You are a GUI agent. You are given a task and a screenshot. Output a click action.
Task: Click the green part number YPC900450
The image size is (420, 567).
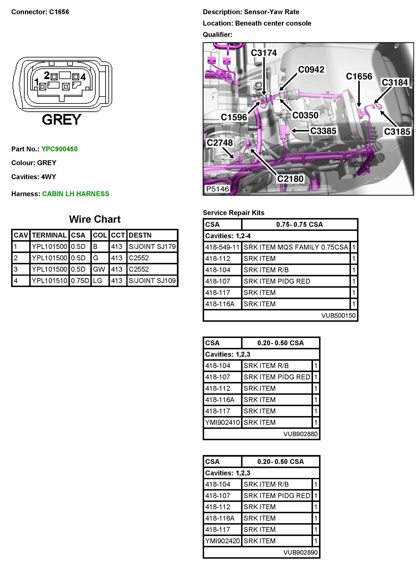pyautogui.click(x=60, y=149)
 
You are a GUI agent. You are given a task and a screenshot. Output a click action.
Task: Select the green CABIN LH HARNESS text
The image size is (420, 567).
pyautogui.click(x=76, y=194)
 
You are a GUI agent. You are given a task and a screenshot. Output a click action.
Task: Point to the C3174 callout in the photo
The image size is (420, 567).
pyautogui.click(x=264, y=53)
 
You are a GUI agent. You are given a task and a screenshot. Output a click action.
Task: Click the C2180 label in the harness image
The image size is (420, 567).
pyautogui.click(x=290, y=179)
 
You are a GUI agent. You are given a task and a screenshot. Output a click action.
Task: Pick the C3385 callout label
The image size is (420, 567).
pyautogui.click(x=323, y=131)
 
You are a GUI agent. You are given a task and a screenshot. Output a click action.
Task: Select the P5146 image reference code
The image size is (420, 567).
pyautogui.click(x=217, y=189)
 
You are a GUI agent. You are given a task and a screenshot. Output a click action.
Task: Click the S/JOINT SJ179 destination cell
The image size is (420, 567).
pyautogui.click(x=152, y=246)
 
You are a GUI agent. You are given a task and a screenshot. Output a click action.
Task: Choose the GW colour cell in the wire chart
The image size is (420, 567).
pyautogui.click(x=99, y=269)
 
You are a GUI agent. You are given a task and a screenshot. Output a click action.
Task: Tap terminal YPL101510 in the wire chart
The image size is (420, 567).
pyautogui.click(x=49, y=281)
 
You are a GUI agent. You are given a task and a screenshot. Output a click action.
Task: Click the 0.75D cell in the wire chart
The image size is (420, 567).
pyautogui.click(x=80, y=281)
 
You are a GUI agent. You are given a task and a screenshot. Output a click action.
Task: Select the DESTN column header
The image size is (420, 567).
pyautogui.click(x=140, y=235)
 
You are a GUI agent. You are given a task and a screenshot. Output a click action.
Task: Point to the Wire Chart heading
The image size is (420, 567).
pyautogui.click(x=95, y=219)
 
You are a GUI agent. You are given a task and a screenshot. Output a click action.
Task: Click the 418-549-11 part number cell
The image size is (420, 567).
pyautogui.click(x=222, y=247)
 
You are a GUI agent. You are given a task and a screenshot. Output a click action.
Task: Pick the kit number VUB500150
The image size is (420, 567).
pyautogui.click(x=338, y=315)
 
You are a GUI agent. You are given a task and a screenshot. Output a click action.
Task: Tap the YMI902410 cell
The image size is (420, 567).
pyautogui.click(x=222, y=423)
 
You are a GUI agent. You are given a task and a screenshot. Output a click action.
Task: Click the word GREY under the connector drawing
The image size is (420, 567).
pyautogui.click(x=62, y=120)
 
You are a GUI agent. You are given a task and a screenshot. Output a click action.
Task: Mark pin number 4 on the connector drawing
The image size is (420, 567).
pyautogui.click(x=83, y=77)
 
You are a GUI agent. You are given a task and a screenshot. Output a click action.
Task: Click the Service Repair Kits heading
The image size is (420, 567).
pyautogui.click(x=233, y=213)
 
